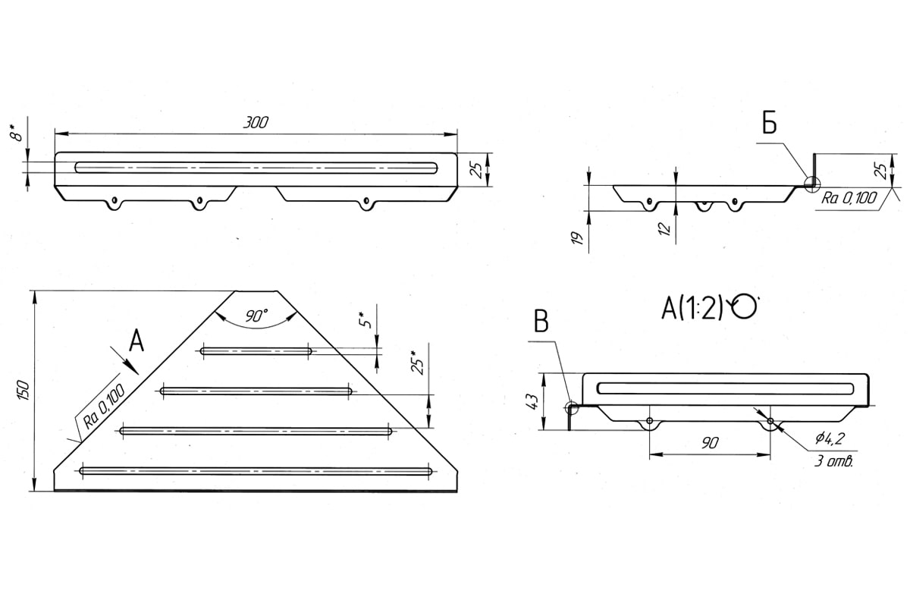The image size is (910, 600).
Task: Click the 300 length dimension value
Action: tap(256, 122)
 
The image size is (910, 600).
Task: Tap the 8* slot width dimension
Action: tap(16, 134)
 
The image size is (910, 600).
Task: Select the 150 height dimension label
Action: tap(24, 390)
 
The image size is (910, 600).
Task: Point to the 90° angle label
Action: tap(256, 316)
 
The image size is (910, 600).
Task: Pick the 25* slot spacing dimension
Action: tap(418, 363)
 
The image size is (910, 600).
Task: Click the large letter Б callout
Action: tap(770, 124)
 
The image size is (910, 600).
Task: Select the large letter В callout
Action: tap(541, 322)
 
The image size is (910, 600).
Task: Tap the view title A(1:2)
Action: tap(692, 308)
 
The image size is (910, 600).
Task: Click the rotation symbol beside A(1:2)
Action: tap(743, 306)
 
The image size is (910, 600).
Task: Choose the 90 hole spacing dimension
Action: tap(710, 443)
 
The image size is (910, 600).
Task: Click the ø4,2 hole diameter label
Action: tap(830, 438)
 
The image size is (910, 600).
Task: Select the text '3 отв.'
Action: tap(833, 461)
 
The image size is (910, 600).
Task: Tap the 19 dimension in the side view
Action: tap(578, 238)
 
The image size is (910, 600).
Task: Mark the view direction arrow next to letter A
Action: tap(124, 360)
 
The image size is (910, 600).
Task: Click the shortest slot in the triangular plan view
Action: tap(256, 351)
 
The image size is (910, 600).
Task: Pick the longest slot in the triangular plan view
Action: tap(256, 471)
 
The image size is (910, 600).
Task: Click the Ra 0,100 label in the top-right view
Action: tap(849, 198)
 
